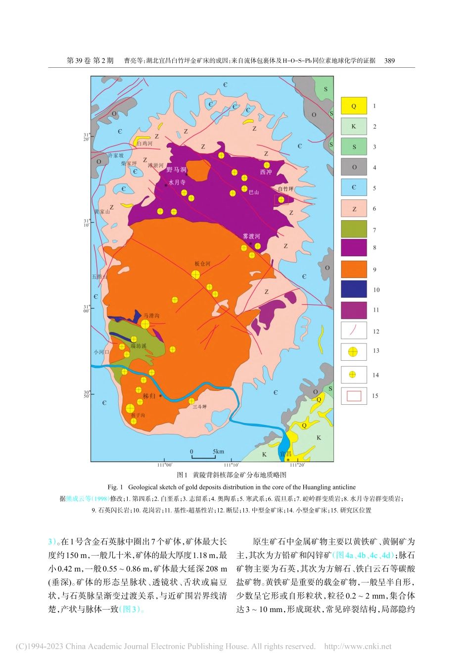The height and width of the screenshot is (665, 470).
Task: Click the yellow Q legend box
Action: click(x=354, y=106)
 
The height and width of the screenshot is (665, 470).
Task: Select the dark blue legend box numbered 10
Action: click(x=354, y=289)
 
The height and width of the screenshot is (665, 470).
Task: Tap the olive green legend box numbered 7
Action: click(x=354, y=229)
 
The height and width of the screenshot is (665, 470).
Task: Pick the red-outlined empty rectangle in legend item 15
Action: click(x=354, y=396)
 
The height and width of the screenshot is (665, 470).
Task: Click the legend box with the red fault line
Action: click(x=354, y=331)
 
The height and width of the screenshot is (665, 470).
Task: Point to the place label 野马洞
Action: click(x=176, y=170)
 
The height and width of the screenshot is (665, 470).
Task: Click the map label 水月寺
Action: click(x=177, y=183)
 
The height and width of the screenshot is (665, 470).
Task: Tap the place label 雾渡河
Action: click(x=251, y=237)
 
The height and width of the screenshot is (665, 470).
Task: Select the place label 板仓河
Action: click(x=202, y=264)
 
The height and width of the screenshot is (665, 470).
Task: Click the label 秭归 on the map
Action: click(x=149, y=396)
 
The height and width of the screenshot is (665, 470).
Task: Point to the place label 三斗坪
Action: click(x=200, y=407)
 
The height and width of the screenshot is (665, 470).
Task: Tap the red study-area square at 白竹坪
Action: click(x=281, y=199)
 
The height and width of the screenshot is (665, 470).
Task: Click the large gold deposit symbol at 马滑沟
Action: click(x=145, y=324)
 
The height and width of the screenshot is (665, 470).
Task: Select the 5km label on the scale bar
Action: click(x=218, y=451)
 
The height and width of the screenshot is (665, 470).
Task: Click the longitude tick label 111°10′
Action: click(x=231, y=465)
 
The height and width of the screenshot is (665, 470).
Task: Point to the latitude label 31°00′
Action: click(x=86, y=309)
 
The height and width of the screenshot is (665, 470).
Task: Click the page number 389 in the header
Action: click(x=389, y=61)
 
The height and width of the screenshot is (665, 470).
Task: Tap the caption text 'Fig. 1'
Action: click(x=115, y=487)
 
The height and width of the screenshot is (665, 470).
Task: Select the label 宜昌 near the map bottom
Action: click(x=285, y=454)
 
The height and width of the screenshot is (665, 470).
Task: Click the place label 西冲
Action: click(x=266, y=172)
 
